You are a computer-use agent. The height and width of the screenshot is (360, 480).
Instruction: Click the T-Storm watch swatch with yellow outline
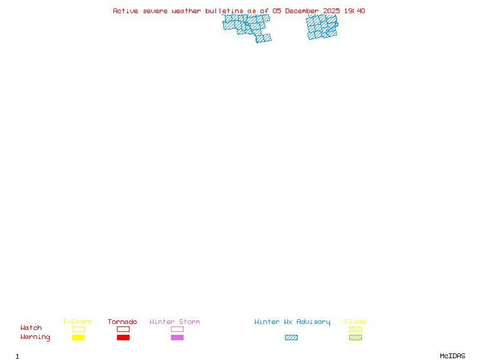78,329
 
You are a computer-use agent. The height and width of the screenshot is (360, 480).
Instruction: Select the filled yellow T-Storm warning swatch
78,337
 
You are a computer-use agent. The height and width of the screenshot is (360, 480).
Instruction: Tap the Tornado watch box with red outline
123,329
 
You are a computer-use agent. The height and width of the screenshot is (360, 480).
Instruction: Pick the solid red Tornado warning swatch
123,337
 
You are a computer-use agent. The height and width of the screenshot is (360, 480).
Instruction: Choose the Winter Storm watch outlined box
177,329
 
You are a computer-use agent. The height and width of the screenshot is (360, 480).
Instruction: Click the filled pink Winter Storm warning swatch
177,337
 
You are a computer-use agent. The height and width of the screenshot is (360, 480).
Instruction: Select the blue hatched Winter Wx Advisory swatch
291,337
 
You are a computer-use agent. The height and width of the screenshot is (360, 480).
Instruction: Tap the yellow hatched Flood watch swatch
355,329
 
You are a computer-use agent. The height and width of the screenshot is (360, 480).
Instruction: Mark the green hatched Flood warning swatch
355,337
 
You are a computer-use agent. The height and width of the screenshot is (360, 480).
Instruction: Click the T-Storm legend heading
77,322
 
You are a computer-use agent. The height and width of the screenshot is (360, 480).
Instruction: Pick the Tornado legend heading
122,322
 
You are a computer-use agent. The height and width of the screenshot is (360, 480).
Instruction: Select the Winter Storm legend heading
175,322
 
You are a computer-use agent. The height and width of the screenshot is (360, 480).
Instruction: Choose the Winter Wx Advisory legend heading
292,322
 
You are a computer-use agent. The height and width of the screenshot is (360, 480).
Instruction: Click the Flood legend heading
355,322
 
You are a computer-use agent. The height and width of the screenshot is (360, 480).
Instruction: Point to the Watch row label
31,328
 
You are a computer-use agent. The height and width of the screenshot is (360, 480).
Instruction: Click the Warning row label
35,337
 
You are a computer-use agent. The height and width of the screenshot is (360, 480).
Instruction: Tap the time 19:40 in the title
353,11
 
